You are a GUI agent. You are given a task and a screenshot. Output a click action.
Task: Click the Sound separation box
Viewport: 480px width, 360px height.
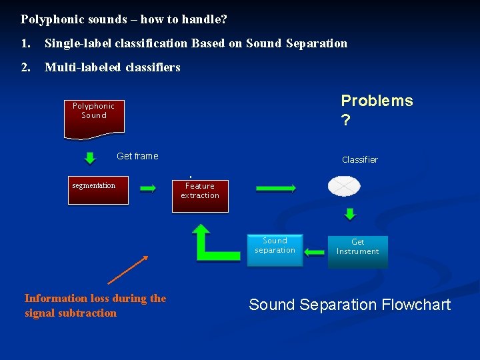pos(275,248)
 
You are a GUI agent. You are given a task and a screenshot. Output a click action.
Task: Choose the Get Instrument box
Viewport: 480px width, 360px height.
pos(357,249)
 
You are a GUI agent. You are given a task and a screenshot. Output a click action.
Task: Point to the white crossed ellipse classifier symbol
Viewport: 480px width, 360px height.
pos(344,186)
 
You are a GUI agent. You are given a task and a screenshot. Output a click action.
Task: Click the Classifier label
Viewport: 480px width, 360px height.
pos(359,159)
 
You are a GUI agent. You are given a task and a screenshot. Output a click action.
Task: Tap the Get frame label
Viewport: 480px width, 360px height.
pos(137,156)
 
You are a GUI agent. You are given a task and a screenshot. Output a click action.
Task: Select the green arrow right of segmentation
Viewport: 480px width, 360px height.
pos(148,189)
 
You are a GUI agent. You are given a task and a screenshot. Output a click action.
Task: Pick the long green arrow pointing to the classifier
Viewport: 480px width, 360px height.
pos(276,189)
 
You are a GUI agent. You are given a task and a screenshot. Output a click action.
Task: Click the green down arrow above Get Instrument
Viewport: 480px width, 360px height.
pos(349,214)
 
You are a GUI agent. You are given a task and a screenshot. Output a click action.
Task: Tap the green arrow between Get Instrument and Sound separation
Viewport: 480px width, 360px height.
pos(315,252)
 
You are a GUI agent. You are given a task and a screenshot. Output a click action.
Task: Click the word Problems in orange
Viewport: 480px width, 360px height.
pos(377,101)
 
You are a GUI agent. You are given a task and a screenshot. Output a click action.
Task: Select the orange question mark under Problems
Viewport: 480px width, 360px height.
pos(345,119)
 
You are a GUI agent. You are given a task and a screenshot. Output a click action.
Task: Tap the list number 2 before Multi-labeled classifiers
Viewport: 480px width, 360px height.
pos(25,67)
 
